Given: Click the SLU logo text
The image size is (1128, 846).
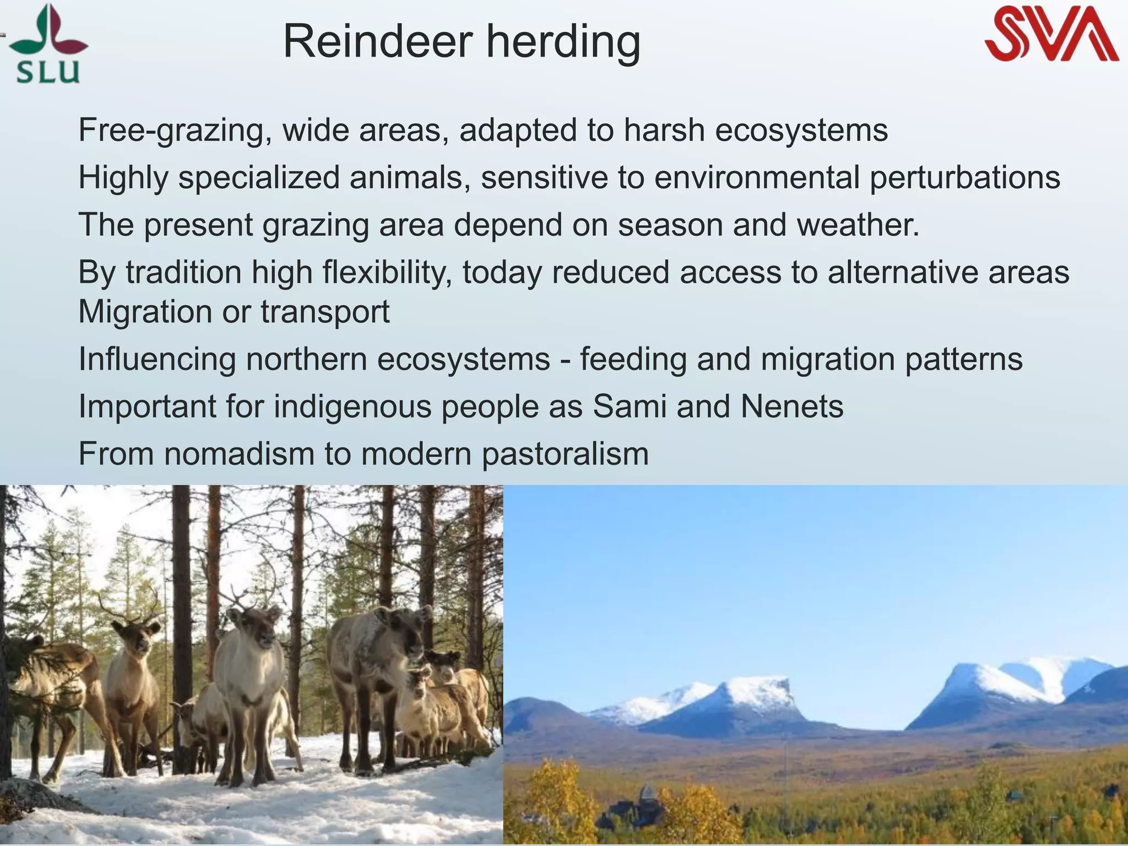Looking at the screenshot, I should click(48, 72).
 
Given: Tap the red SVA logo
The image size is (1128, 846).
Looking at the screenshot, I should click(1051, 34).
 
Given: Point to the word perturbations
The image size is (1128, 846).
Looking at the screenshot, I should click(964, 178).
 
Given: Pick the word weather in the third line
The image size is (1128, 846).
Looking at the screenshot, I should click(856, 225).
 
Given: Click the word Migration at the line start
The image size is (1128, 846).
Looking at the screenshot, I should click(145, 312).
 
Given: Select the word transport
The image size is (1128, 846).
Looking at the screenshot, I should click(325, 312).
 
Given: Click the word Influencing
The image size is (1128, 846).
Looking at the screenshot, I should click(157, 359).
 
